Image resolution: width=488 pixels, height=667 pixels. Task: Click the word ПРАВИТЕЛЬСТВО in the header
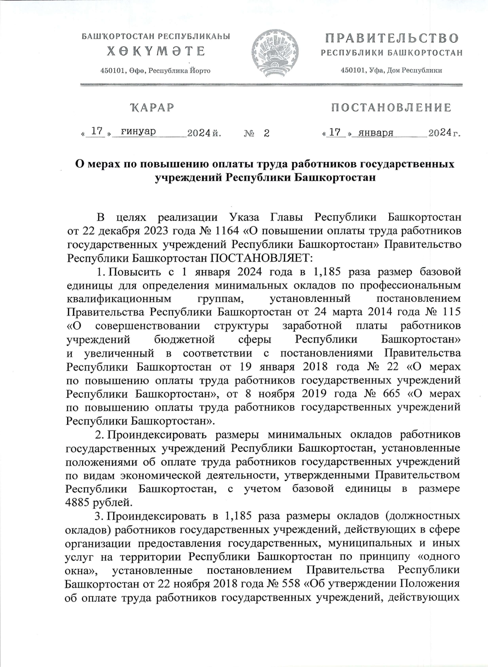click(x=392, y=39)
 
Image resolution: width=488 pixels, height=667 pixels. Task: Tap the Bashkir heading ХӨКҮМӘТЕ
click(x=156, y=51)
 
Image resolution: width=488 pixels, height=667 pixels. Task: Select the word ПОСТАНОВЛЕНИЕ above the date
click(x=391, y=108)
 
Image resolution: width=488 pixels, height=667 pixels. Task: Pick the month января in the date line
click(x=374, y=133)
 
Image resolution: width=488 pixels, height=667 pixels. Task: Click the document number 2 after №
click(x=267, y=133)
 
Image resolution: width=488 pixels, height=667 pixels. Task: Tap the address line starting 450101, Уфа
click(x=391, y=70)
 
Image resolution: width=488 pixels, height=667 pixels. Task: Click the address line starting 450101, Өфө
click(x=155, y=71)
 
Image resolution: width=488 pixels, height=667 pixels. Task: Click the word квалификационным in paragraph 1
click(x=117, y=299)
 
